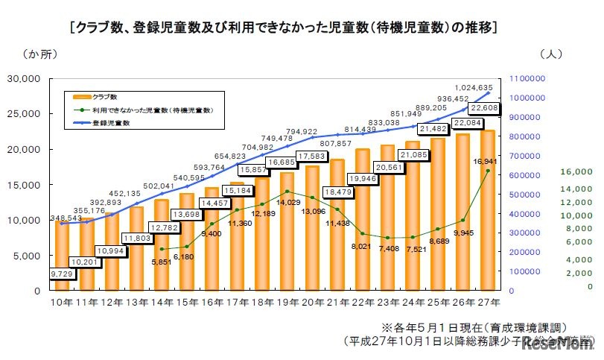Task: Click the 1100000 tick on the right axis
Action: pyautogui.click(x=534, y=78)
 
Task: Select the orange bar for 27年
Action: pyautogui.click(x=488, y=216)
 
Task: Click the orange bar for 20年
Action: pyautogui.click(x=312, y=231)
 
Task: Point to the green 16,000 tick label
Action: pyautogui.click(x=576, y=171)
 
